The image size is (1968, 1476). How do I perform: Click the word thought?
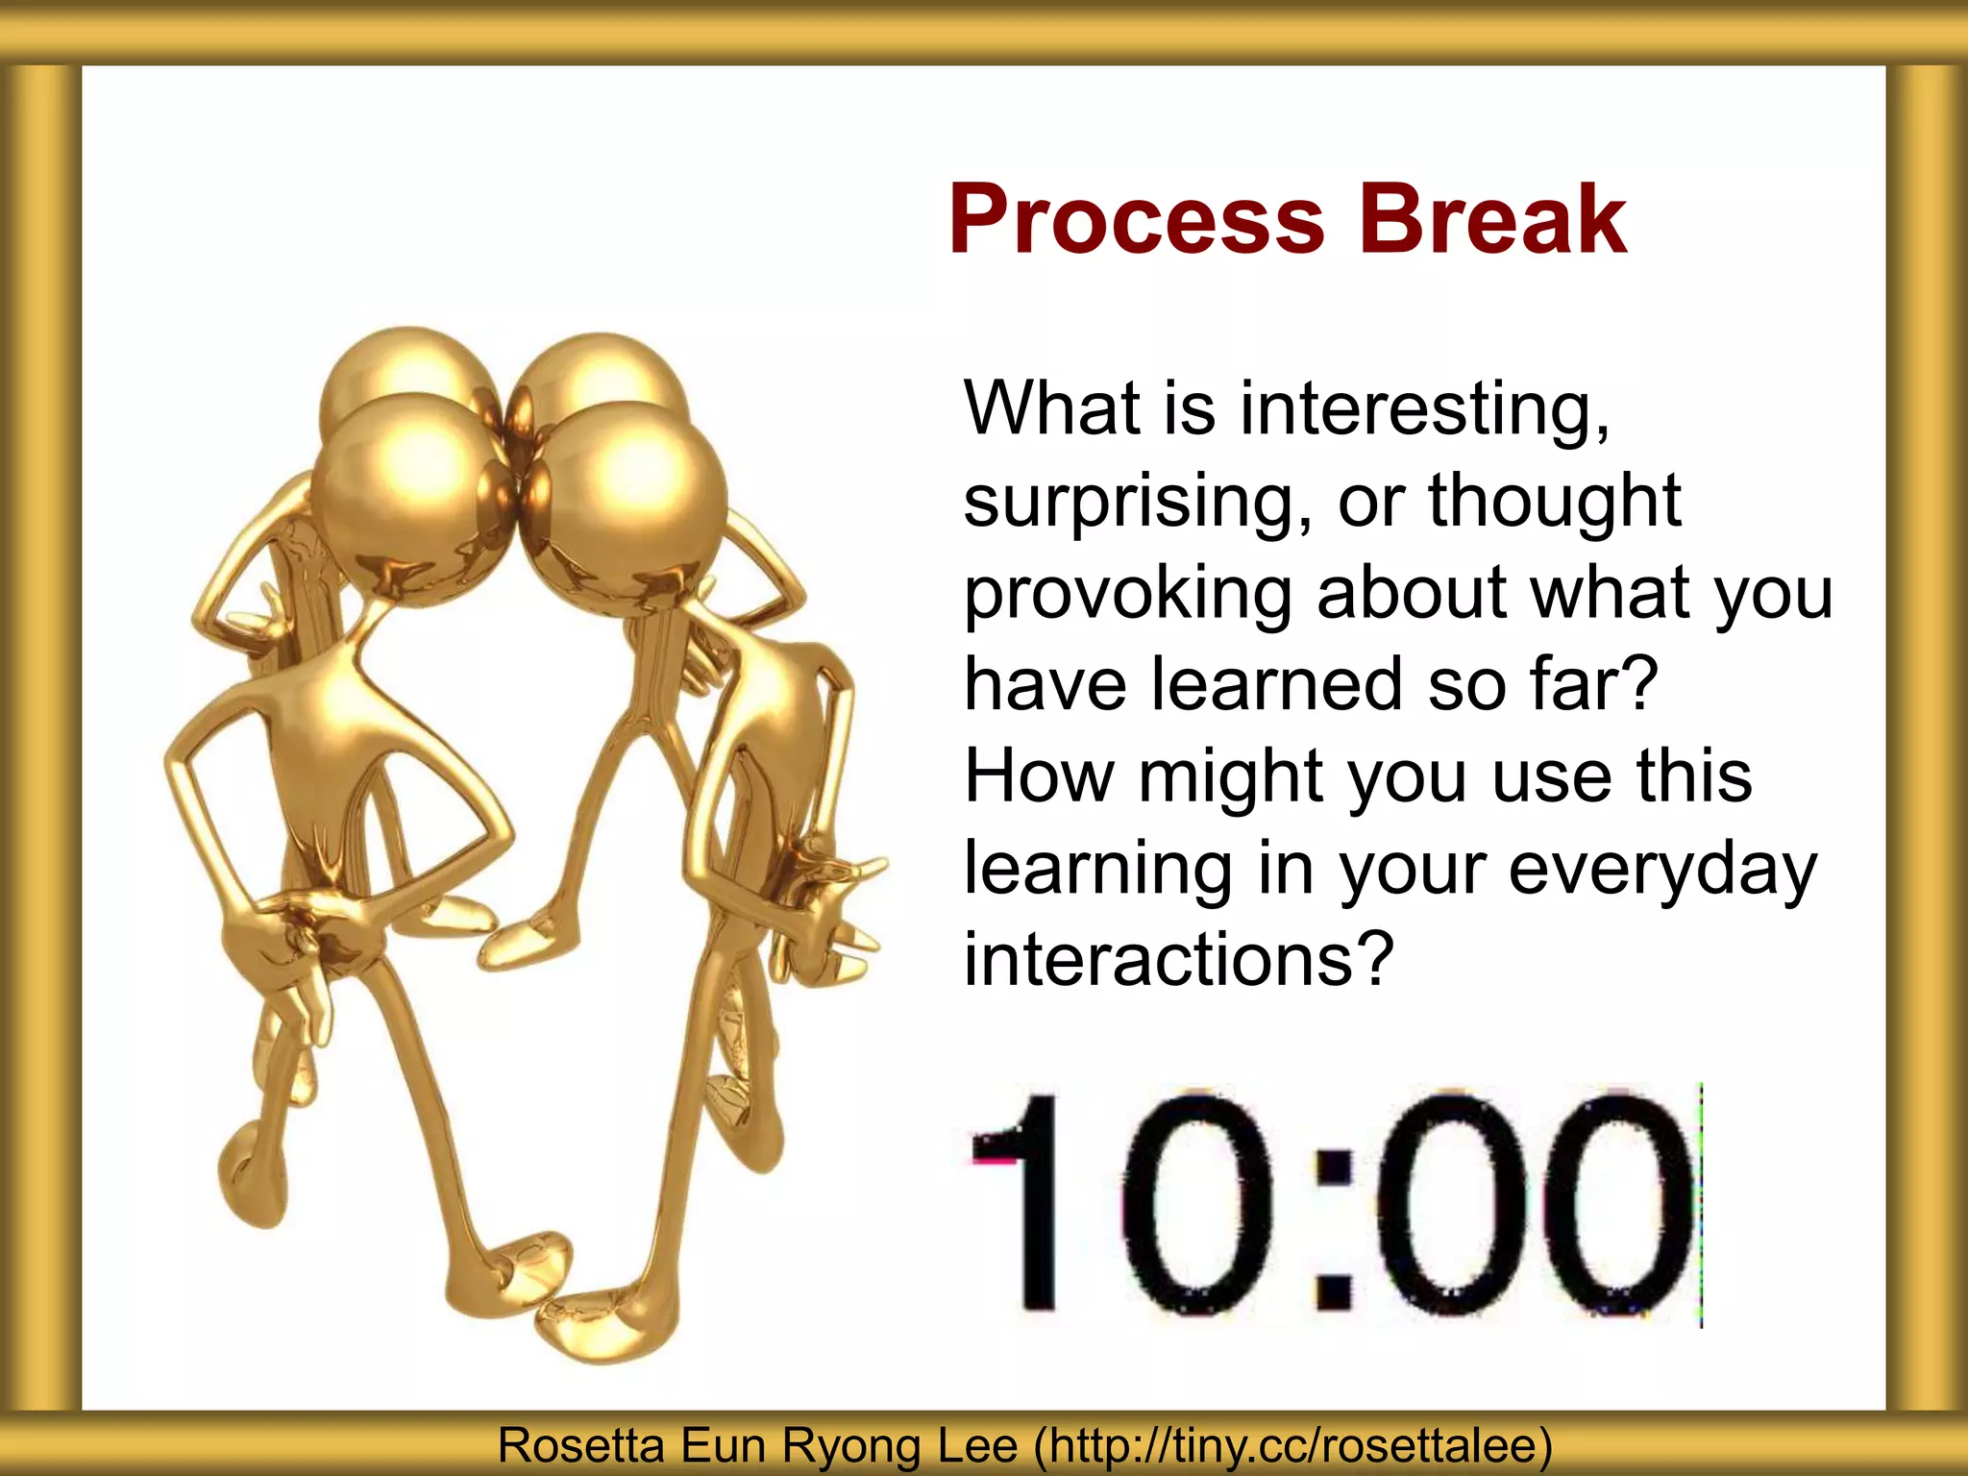click(x=1554, y=502)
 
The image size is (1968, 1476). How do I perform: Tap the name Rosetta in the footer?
click(x=581, y=1445)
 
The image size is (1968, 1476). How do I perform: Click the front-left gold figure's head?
click(x=404, y=500)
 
